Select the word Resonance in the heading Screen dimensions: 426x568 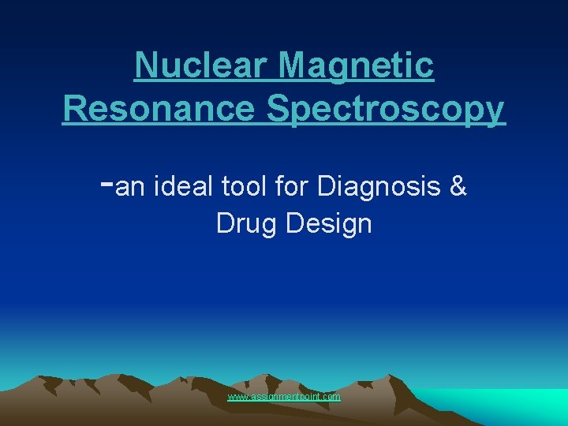pos(158,109)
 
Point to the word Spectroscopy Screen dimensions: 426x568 pos(385,109)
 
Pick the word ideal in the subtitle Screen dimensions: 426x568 pos(181,187)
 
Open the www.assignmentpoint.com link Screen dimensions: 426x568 pos(284,397)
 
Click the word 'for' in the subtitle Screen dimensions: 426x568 pos(292,187)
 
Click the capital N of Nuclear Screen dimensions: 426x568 pos(145,65)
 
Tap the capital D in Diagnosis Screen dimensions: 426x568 pos(326,187)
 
